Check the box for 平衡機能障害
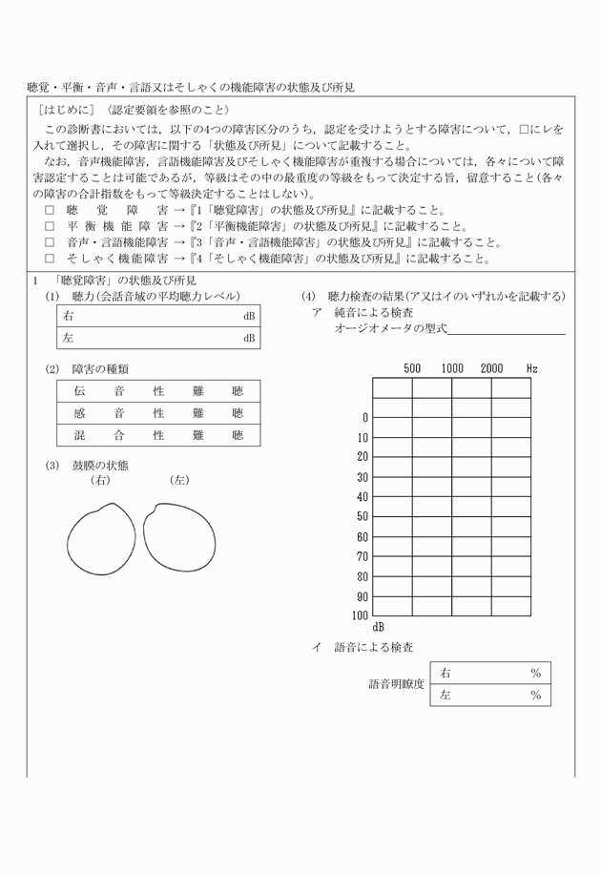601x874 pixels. [50, 227]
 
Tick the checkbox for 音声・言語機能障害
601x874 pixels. [50, 242]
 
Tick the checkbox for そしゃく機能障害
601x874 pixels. [50, 258]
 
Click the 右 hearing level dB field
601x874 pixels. [157, 316]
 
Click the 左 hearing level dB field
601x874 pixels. [157, 338]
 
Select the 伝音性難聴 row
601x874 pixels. [157, 391]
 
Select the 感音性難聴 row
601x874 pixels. [157, 413]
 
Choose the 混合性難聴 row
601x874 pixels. [157, 435]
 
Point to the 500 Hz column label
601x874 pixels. [412, 368]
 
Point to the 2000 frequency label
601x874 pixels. [491, 368]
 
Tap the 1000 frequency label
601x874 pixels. [452, 368]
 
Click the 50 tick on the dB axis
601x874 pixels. [362, 516]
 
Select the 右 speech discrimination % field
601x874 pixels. [489, 674]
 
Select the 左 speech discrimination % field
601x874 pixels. [489, 696]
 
